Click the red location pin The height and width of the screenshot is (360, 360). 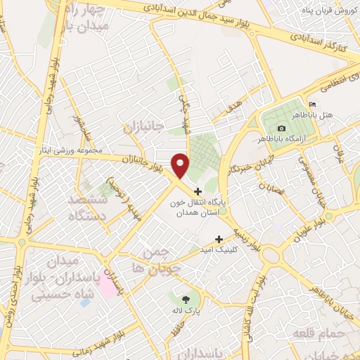pos(181,165)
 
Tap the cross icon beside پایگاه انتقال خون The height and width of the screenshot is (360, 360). pos(198,191)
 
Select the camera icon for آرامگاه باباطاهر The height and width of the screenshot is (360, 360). pos(282,128)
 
